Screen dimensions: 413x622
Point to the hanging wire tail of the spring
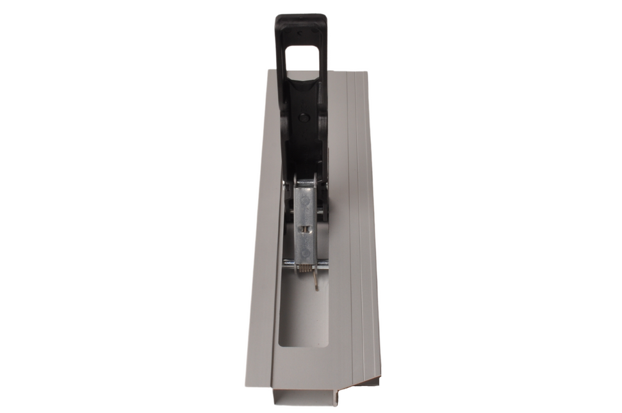(x=316, y=281)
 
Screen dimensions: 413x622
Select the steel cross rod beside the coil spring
(x=289, y=262)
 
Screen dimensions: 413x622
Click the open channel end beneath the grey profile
(x=304, y=397)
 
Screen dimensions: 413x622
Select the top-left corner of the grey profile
(x=266, y=72)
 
